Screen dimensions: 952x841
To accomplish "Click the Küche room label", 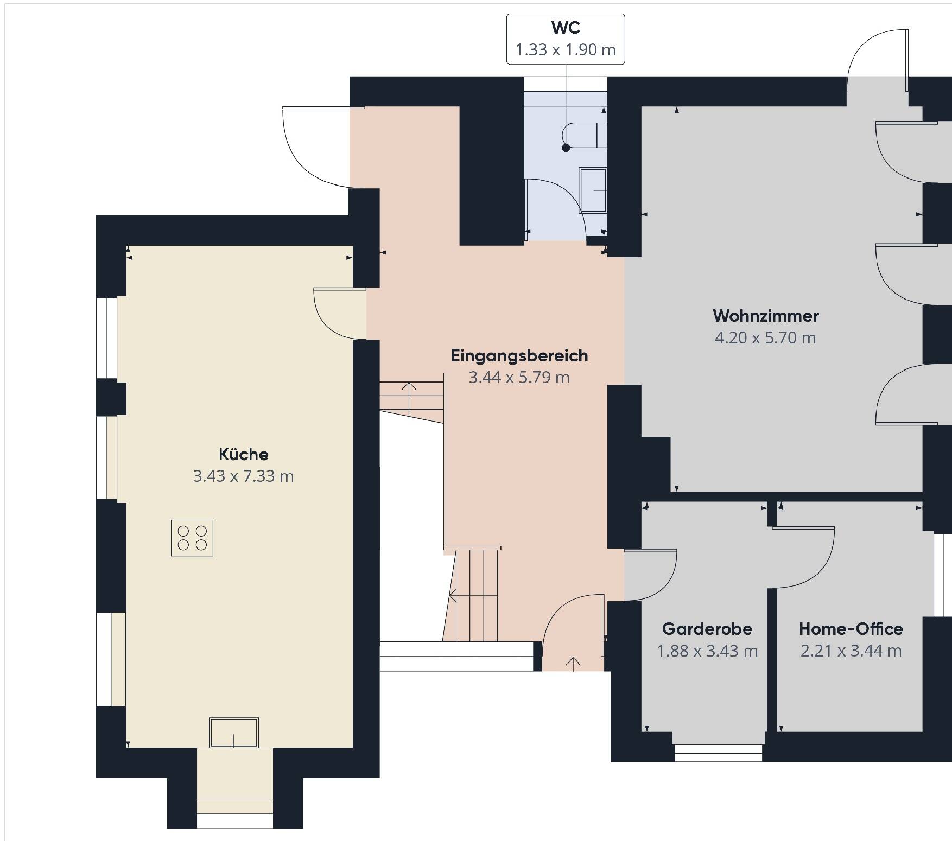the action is (243, 454).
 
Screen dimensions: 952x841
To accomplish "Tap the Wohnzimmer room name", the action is (765, 315).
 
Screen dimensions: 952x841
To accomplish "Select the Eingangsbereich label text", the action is (519, 356).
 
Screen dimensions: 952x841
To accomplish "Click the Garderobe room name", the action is (707, 629).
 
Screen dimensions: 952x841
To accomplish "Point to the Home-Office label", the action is (851, 629).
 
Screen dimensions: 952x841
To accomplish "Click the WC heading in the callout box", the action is (566, 27).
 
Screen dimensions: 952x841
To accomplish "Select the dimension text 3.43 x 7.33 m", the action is (243, 476).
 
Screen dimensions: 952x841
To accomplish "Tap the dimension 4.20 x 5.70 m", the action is (765, 337).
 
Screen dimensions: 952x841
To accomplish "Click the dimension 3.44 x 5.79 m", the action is (519, 377).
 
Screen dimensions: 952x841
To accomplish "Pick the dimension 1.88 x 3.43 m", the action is (707, 651).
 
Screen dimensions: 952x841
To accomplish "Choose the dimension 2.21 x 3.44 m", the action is (851, 651).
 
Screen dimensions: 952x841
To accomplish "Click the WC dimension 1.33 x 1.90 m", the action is (566, 50).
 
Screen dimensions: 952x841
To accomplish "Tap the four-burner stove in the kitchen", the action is (192, 538).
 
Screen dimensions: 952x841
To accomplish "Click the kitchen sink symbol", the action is (234, 732).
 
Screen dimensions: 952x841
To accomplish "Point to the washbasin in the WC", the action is (593, 190).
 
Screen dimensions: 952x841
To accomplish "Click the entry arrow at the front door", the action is (573, 664).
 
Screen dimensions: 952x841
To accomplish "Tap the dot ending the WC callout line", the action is (566, 148).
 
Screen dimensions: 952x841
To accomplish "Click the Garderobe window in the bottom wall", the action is (719, 753).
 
